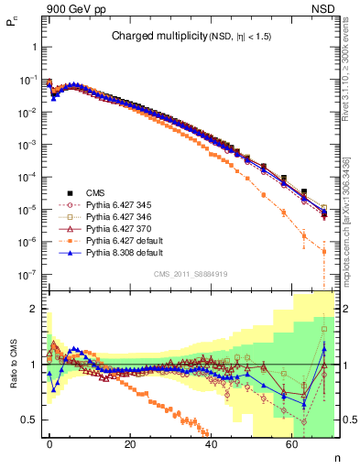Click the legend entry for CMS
pos(96,193)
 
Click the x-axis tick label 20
pos(130,442)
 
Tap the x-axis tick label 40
pos(211,442)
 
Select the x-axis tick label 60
pos(291,442)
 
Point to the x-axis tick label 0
pos(49,442)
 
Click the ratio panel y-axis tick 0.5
pos(29,419)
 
